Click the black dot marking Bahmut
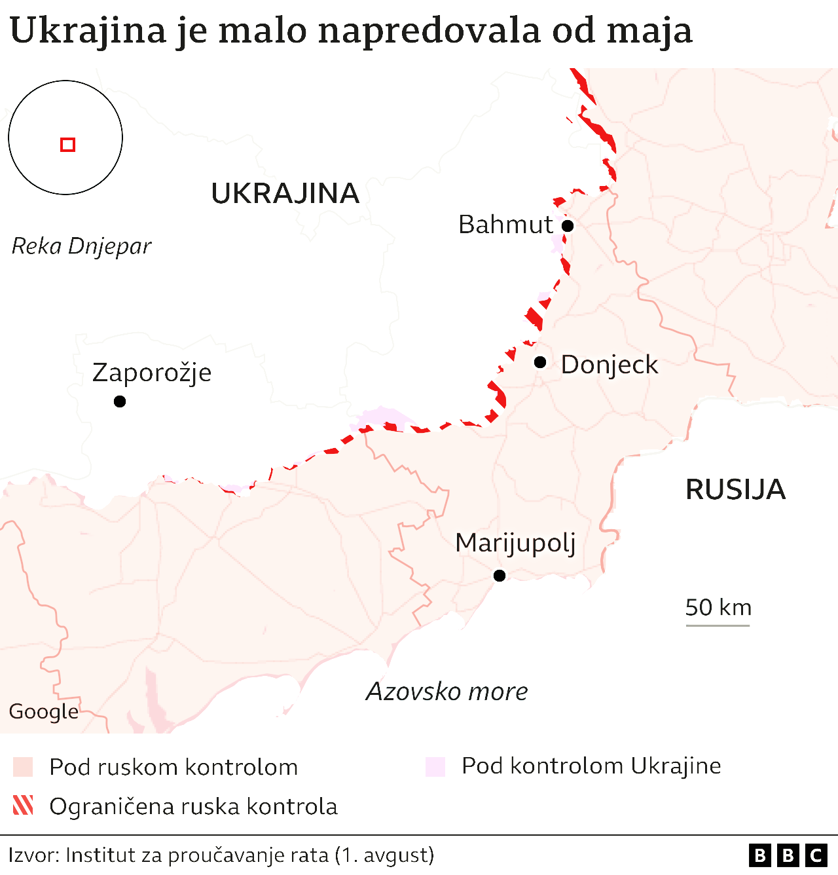[x=568, y=226]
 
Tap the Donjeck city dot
[x=540, y=362]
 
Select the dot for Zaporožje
[x=120, y=401]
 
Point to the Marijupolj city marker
[x=500, y=576]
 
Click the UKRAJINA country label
[x=285, y=194]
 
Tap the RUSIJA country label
[x=735, y=490]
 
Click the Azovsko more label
[x=447, y=692]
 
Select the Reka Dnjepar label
[x=82, y=246]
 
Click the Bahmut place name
[x=505, y=225]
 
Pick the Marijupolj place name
[x=515, y=544]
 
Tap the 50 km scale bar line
[x=718, y=625]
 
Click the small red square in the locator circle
[x=68, y=145]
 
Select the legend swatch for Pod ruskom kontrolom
[x=23, y=767]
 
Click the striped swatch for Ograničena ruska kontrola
[x=23, y=806]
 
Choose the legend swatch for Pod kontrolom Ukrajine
[x=435, y=766]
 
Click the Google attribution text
[x=43, y=711]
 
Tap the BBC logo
[x=788, y=855]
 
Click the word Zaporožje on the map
[x=152, y=373]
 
